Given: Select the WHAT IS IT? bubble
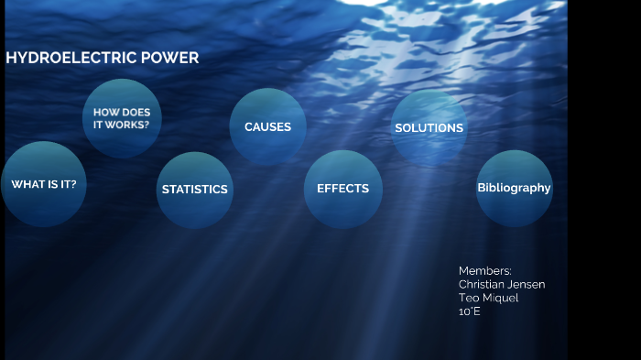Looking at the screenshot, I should [44, 184].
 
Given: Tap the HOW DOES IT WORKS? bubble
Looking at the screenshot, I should [122, 118].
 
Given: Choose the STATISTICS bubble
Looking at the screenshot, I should [194, 190].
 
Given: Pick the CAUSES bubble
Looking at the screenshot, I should [267, 127].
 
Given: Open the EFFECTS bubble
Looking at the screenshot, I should [342, 189].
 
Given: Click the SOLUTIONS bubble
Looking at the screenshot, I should [429, 128].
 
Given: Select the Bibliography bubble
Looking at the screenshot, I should [514, 188].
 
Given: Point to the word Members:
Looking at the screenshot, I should [485, 271].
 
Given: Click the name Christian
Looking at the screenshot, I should [483, 285].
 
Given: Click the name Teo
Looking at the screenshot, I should [469, 299].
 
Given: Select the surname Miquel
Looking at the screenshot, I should [500, 299].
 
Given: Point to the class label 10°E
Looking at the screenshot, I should [470, 312].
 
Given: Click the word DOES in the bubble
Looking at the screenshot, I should [136, 113].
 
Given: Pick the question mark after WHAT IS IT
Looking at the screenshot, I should [73, 184].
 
